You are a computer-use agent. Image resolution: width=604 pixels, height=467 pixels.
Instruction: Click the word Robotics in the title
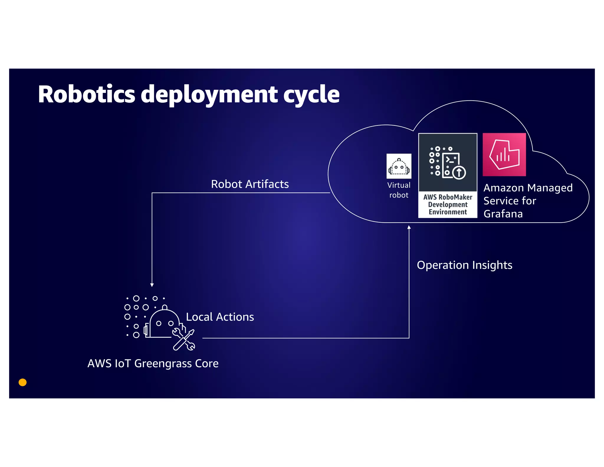[86, 94]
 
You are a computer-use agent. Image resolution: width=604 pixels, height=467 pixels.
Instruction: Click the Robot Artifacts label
[250, 184]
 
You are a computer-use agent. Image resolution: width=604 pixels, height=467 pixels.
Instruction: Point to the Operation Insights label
[465, 265]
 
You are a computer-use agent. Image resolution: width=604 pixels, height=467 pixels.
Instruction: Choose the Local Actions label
[220, 317]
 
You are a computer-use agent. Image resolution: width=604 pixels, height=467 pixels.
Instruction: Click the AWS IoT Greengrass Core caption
[153, 363]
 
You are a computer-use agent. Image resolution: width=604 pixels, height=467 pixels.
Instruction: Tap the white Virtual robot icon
[399, 166]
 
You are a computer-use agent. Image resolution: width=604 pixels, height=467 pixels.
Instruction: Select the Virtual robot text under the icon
[399, 190]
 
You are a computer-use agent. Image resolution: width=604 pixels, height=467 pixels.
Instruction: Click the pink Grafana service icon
[504, 155]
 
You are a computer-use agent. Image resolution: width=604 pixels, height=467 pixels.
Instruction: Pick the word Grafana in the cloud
[503, 214]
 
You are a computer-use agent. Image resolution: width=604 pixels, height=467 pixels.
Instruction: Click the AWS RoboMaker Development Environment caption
[448, 205]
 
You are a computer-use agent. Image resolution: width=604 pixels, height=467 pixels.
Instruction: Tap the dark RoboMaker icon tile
[448, 162]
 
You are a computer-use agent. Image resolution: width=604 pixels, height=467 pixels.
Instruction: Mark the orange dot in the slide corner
[23, 382]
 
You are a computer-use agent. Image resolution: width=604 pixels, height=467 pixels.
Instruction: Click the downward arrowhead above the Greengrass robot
[152, 285]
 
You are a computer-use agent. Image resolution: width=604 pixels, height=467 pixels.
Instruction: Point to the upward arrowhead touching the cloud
[409, 227]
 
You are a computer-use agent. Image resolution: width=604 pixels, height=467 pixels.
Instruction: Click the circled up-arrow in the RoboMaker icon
[459, 172]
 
